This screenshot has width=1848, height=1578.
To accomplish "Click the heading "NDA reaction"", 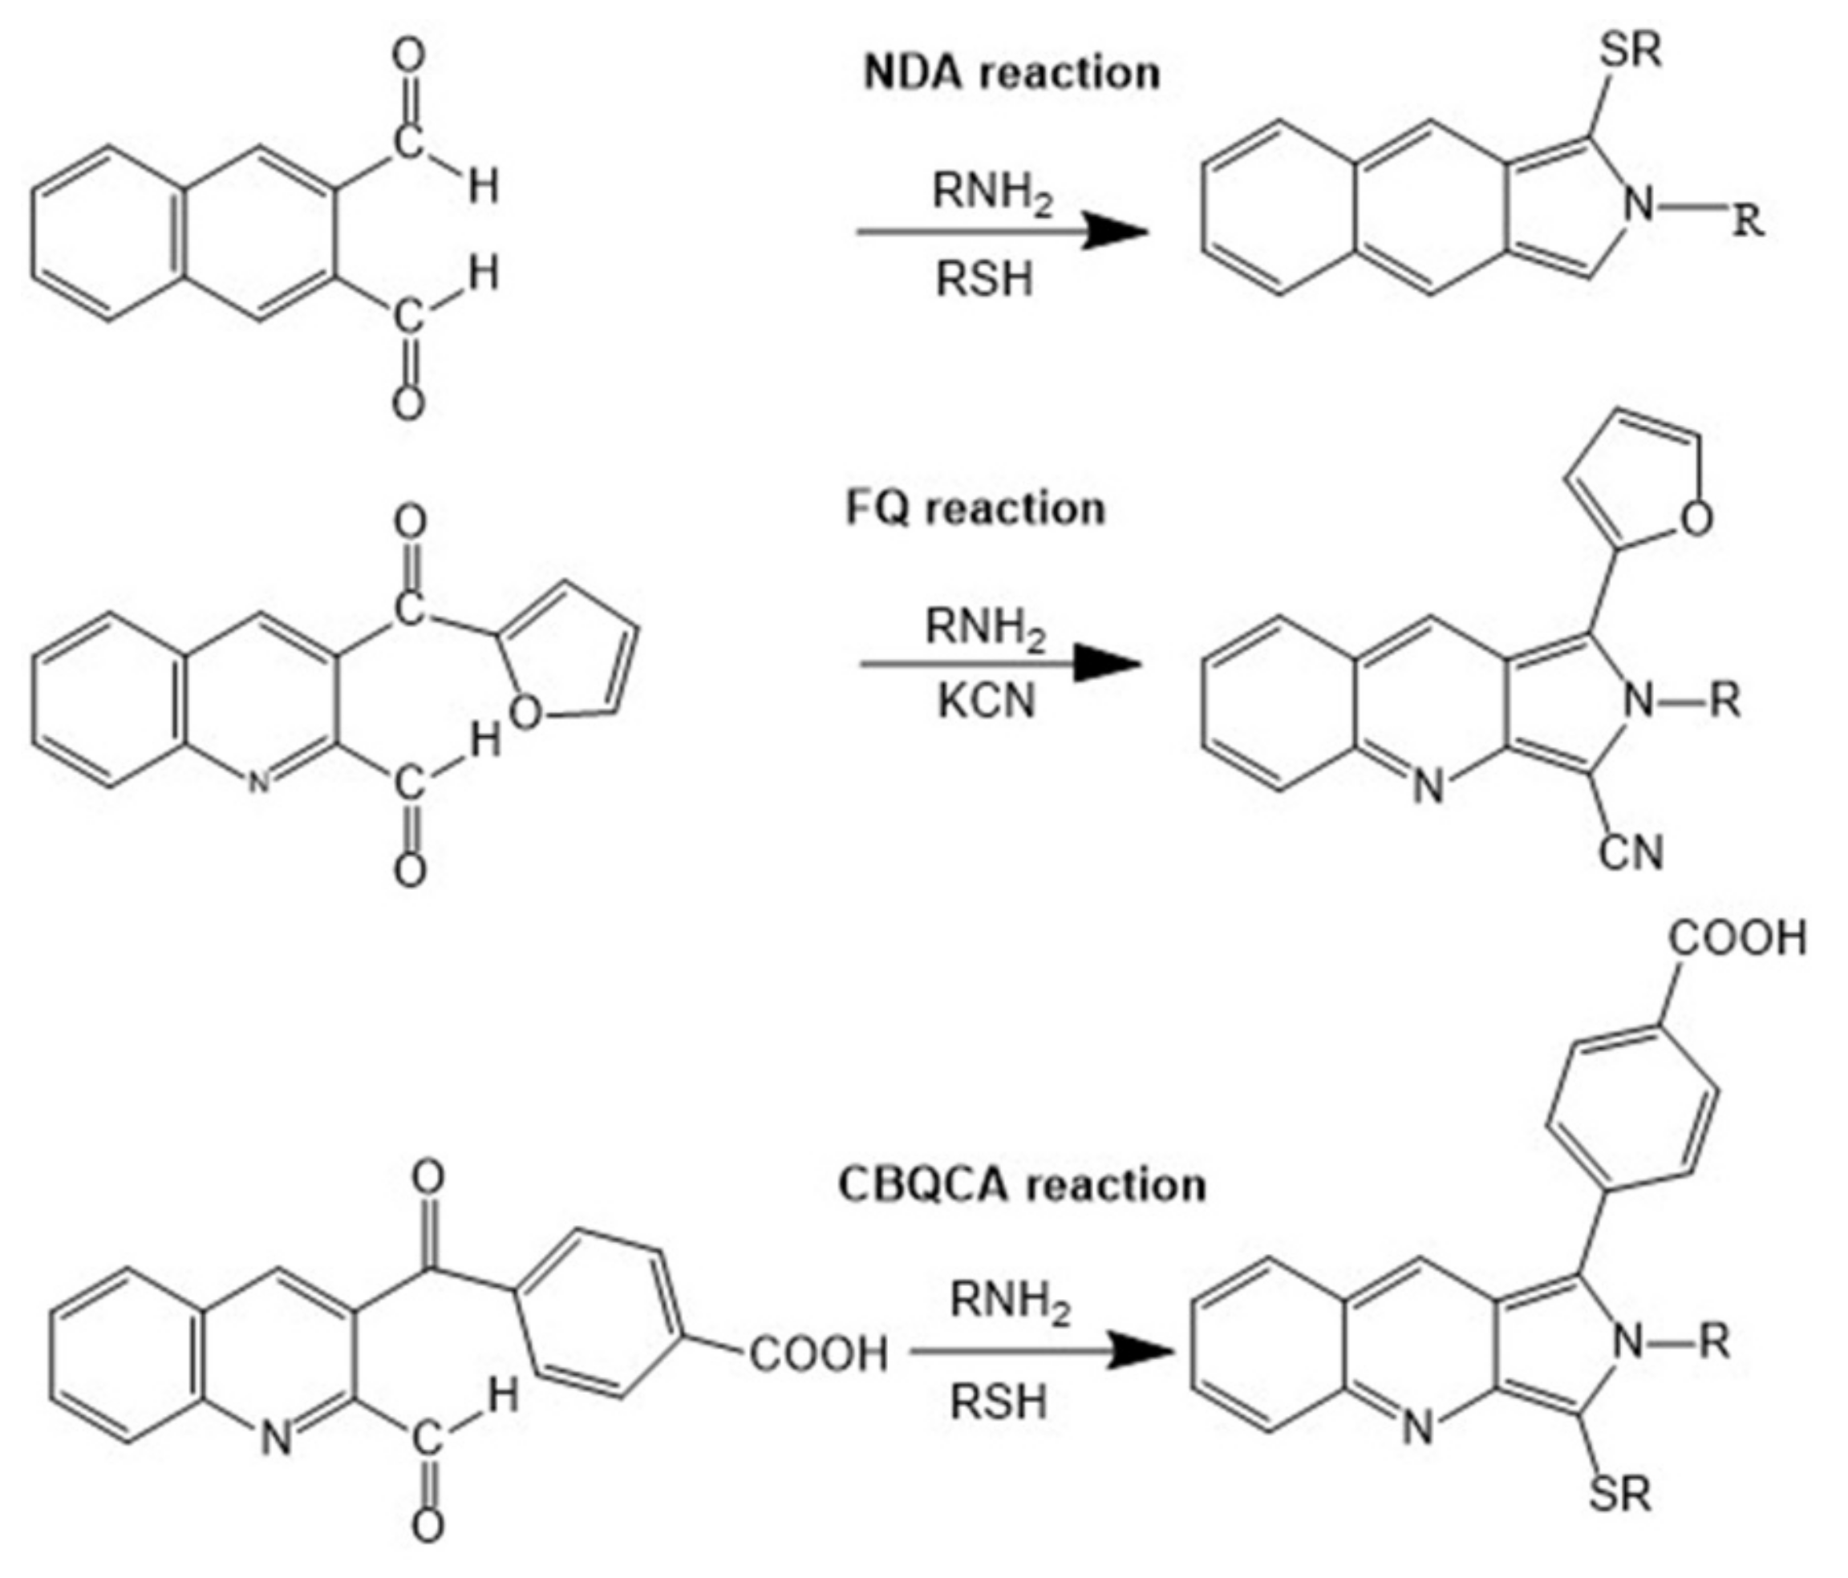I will click(x=1011, y=73).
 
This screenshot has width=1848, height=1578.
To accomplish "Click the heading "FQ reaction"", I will click(x=975, y=509).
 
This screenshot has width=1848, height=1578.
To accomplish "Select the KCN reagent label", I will click(x=987, y=702).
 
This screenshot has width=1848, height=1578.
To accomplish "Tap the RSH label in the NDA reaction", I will click(x=985, y=280).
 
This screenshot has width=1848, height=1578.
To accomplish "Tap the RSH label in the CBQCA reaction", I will click(x=998, y=1402).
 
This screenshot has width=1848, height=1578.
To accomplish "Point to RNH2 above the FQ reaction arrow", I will click(x=985, y=628).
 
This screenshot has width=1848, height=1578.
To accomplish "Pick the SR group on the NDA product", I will click(x=1631, y=51).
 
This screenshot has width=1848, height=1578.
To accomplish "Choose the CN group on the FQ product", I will click(x=1631, y=853).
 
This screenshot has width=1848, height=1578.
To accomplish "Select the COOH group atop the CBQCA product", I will click(x=1737, y=939).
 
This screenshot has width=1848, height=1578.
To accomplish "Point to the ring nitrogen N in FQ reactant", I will click(x=257, y=783).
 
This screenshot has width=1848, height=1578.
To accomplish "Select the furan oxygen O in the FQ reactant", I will click(x=525, y=713).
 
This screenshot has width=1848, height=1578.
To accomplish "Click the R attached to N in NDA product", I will click(x=1748, y=221).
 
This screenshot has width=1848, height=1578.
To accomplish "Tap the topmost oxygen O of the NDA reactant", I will click(x=408, y=58).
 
